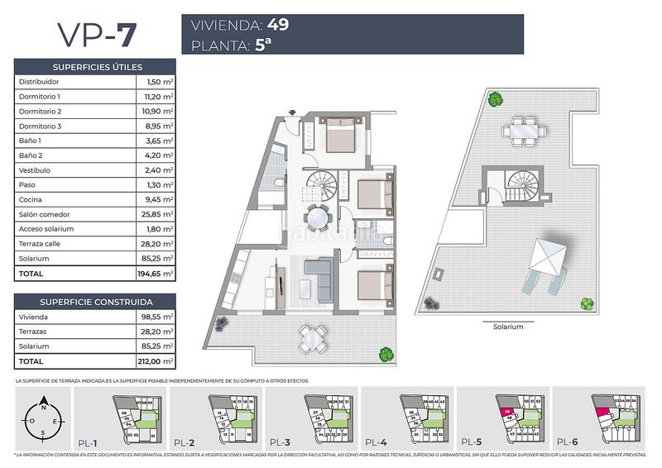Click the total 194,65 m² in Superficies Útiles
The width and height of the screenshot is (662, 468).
pyautogui.click(x=156, y=273)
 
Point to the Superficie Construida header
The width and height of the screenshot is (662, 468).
pyautogui.click(x=96, y=302)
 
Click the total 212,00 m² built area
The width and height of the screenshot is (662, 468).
pyautogui.click(x=156, y=361)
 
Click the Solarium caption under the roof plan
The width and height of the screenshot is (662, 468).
pyautogui.click(x=508, y=327)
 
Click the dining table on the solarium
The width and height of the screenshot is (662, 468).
pyautogui.click(x=522, y=130)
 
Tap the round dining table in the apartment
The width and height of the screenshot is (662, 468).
pyautogui.click(x=316, y=218)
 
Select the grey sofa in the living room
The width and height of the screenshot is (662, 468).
pyautogui.click(x=318, y=269)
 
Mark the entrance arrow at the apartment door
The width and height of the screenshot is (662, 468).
pyautogui.click(x=292, y=112)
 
